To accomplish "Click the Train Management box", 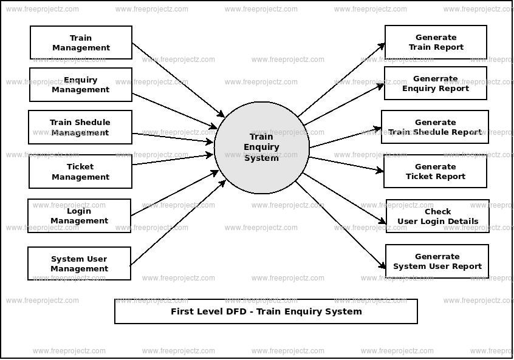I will point(81,42).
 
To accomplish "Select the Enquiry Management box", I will point(80,84).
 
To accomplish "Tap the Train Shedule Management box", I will point(80,127).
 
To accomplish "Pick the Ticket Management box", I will point(80,172).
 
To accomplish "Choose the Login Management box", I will point(79,216).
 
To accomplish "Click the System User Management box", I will point(79,263).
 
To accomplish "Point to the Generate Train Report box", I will point(436,42).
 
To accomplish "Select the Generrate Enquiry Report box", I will point(435,83).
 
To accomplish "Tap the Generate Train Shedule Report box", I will point(434,127).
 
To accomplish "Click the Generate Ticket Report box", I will point(435,171).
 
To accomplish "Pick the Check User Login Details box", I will point(437,216).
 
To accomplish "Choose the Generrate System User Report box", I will point(437,261).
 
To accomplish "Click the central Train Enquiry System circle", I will point(262,148).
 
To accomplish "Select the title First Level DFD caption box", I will point(266,311).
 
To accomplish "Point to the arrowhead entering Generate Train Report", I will point(382,46).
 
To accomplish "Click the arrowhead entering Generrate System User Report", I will point(383,266).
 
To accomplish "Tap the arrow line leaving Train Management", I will point(176,78).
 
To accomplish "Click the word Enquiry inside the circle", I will point(261,147).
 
